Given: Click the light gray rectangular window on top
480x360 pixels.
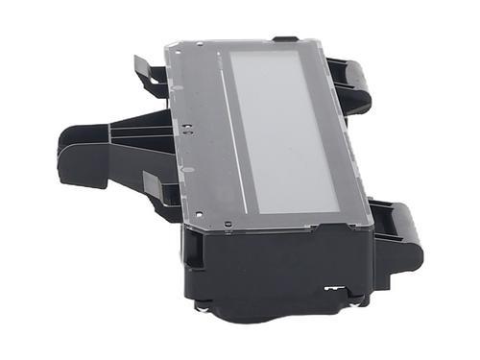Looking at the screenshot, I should click(284, 129).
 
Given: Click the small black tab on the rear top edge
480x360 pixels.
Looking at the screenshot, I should click(285, 39).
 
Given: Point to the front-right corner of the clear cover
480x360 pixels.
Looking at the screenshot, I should click(371, 225).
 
